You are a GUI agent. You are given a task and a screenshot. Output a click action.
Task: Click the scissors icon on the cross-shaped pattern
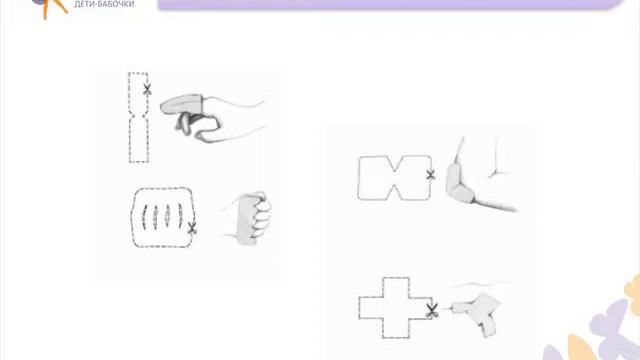pos(432,311)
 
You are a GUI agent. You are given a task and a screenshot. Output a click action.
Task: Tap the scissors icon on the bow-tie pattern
pos(430,175)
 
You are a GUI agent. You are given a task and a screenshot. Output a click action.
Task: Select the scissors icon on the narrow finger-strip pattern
pos(147,89)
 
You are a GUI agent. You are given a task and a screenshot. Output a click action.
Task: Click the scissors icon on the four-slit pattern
pos(191,228)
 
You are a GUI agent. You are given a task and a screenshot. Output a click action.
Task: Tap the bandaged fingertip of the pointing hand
pos(181,104)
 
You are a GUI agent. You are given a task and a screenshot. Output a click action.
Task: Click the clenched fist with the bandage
pos(251,218)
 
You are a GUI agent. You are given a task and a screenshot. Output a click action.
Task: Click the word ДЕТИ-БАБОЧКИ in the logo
pos(104,4)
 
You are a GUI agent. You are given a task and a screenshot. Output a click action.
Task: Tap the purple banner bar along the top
pos(390,4)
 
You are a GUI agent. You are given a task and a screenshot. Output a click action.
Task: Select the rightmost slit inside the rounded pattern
pos(180,216)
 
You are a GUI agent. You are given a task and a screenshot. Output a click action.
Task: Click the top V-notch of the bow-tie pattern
pos(395,165)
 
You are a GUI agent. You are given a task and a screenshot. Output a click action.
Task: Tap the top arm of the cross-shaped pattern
pos(396,287)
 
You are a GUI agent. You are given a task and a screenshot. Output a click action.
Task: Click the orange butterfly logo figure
pos(51,8)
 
